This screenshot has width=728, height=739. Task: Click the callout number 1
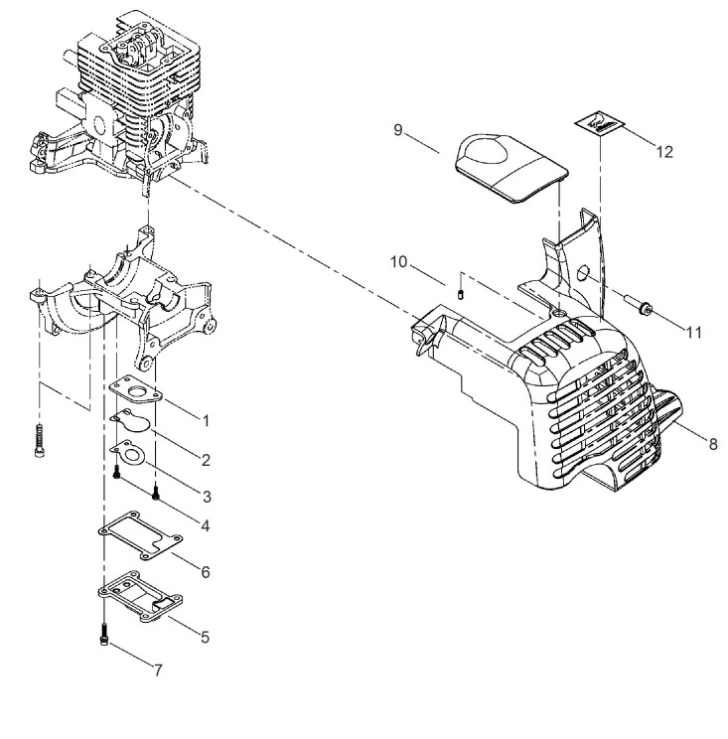pyautogui.click(x=206, y=421)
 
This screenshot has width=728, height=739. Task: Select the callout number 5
pyautogui.click(x=205, y=638)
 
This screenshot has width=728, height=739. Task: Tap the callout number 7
pyautogui.click(x=158, y=669)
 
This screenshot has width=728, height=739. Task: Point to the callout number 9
pyautogui.click(x=398, y=130)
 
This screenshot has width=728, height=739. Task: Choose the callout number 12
pyautogui.click(x=664, y=152)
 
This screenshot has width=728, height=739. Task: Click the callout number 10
pyautogui.click(x=398, y=261)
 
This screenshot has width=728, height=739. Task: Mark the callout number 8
pyautogui.click(x=713, y=444)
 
